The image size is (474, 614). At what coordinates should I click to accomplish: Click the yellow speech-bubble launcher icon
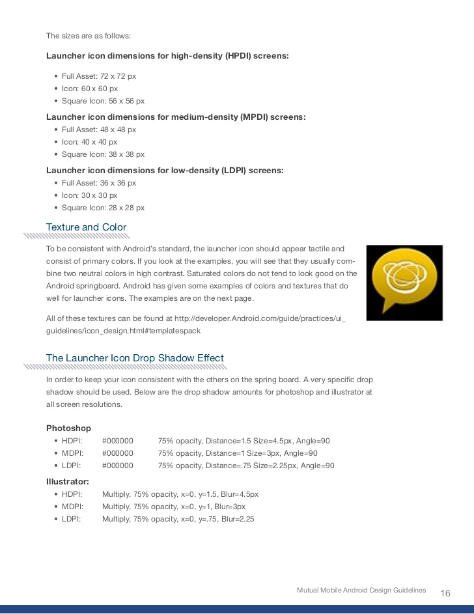(404, 282)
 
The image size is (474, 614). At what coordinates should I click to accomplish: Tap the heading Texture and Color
(86, 227)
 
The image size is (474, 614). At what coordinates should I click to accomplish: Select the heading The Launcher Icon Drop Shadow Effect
(135, 358)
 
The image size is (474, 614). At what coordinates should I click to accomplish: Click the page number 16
(445, 593)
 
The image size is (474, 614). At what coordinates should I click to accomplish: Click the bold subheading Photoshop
(68, 428)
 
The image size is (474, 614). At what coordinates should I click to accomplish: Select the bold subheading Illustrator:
(68, 481)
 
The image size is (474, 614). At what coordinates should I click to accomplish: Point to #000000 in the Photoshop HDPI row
(117, 441)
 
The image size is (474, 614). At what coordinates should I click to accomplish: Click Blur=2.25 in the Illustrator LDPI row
(238, 519)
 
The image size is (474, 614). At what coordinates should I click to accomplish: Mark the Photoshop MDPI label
(72, 453)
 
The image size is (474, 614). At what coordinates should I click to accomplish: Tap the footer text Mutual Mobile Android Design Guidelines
(361, 590)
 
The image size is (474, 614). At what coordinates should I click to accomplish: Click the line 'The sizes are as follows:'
(89, 36)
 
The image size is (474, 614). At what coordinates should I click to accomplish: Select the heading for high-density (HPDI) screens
(167, 56)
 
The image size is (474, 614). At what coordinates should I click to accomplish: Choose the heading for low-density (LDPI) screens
(165, 170)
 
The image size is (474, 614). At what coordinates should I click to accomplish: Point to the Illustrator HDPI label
(72, 494)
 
